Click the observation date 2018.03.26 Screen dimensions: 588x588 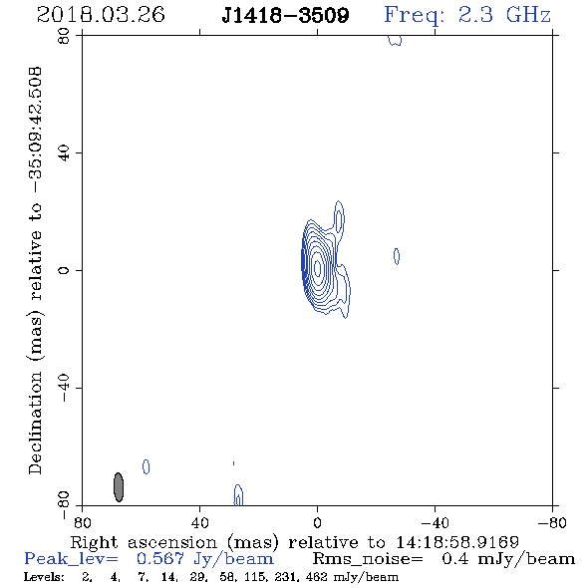[101, 15]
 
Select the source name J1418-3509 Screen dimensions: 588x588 [285, 15]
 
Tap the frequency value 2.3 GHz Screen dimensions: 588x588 [504, 15]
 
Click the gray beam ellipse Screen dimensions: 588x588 [119, 487]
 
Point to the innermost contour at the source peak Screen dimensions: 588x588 [317, 268]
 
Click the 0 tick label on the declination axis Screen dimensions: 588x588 [64, 270]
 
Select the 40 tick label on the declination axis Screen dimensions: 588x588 [64, 153]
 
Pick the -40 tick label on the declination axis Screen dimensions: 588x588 [64, 388]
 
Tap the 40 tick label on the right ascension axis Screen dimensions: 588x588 [200, 523]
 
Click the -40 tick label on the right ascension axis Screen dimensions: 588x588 [435, 523]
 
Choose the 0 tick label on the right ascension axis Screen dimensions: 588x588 [317, 523]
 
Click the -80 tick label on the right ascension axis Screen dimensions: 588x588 [552, 523]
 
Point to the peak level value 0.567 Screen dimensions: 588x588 [160, 559]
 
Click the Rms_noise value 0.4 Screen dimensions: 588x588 [455, 559]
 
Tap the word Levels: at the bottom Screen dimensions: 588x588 [44, 576]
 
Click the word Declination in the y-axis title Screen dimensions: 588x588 [35, 423]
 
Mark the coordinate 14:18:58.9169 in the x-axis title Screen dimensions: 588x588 [457, 542]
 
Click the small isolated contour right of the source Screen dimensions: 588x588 [397, 256]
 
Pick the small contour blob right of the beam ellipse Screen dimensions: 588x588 [147, 466]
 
